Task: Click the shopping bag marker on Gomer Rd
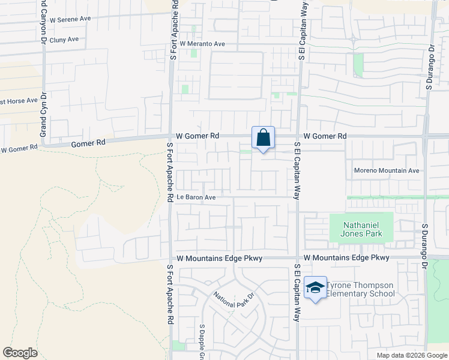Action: [x=263, y=138]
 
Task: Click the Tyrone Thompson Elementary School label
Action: [x=360, y=289]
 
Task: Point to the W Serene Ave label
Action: [x=70, y=19]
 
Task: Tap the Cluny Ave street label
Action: [x=64, y=40]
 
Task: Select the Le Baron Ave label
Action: [x=196, y=197]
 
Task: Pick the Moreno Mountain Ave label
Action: [x=386, y=170]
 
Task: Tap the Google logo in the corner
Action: [x=20, y=353]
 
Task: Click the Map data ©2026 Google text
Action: [x=411, y=355]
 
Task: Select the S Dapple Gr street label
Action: [x=202, y=343]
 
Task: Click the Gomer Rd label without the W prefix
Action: [x=88, y=143]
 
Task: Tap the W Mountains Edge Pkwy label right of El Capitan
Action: [x=346, y=257]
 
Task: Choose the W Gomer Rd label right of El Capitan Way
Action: [x=325, y=136]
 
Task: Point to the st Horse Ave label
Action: [x=19, y=101]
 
